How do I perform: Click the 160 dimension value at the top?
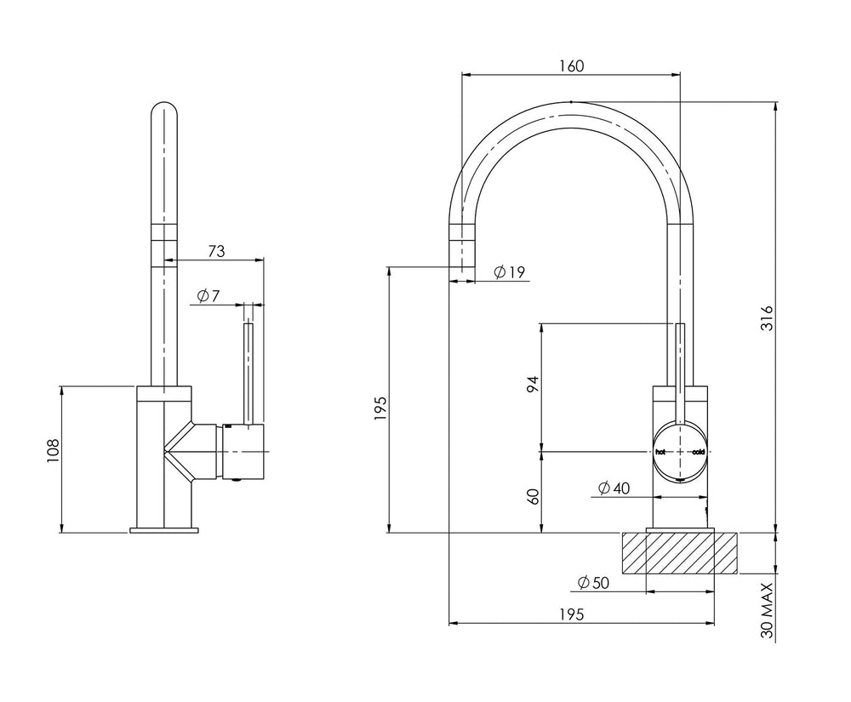pyautogui.click(x=572, y=66)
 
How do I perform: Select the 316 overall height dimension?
pyautogui.click(x=766, y=318)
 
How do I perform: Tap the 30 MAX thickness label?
pyautogui.click(x=767, y=611)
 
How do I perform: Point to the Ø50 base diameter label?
pyautogui.click(x=594, y=583)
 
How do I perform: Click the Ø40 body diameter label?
pyautogui.click(x=614, y=488)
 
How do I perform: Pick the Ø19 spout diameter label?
pyautogui.click(x=510, y=271)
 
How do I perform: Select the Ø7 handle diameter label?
pyautogui.click(x=208, y=296)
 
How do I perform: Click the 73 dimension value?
pyautogui.click(x=216, y=251)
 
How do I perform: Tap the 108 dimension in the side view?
pyautogui.click(x=53, y=450)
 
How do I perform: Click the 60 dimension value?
pyautogui.click(x=534, y=497)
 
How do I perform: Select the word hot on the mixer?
pyautogui.click(x=660, y=452)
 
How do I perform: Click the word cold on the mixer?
pyautogui.click(x=698, y=452)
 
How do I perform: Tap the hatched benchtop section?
pyautogui.click(x=679, y=553)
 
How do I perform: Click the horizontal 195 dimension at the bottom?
pyautogui.click(x=572, y=614)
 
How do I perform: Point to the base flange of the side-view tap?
pyautogui.click(x=164, y=529)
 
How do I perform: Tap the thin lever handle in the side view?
pyautogui.click(x=249, y=374)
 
